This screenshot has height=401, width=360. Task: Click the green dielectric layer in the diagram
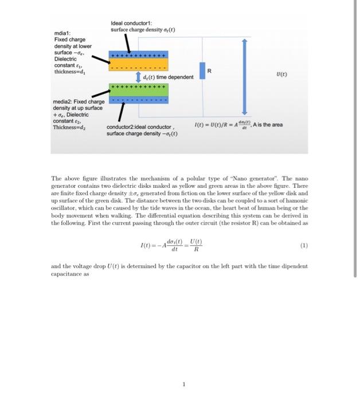coord(137,94)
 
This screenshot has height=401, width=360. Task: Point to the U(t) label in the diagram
coord(281,74)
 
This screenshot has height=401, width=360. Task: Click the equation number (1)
coord(303,246)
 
